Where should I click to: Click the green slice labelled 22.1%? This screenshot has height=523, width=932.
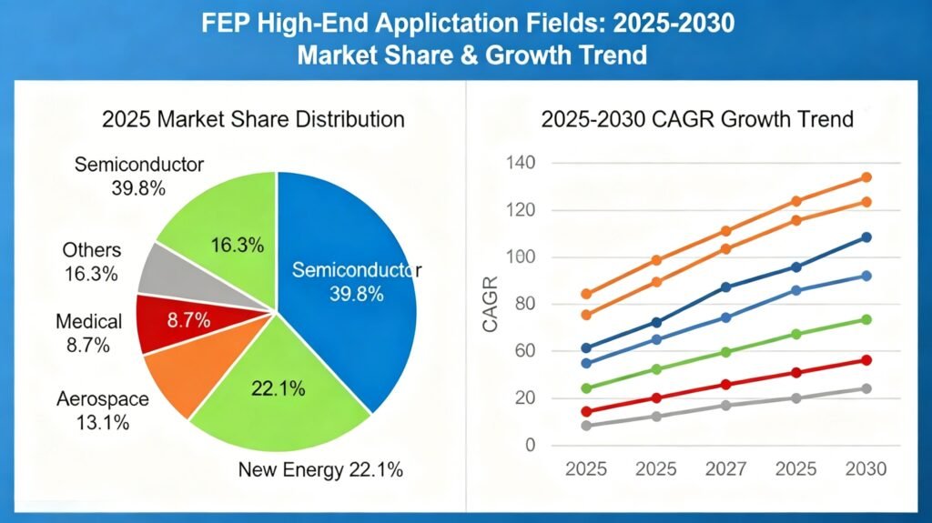coord(278,391)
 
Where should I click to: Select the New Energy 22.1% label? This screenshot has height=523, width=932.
coord(320,470)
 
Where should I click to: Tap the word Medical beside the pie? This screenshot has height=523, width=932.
coord(88,321)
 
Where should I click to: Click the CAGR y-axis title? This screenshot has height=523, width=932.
coord(491,306)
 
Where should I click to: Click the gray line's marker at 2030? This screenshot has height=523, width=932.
coord(866,388)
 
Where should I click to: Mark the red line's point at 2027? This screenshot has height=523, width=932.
coord(725,385)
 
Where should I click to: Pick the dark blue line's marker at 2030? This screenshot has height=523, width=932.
coord(866,237)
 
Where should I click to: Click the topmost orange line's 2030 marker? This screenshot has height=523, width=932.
coord(866,177)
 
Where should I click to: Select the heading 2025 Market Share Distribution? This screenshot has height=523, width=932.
coord(253,119)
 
